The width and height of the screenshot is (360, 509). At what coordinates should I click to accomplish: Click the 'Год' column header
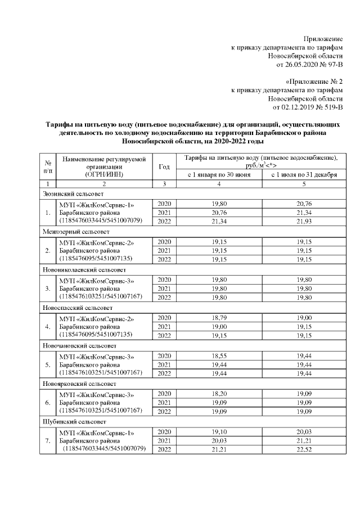[164, 166]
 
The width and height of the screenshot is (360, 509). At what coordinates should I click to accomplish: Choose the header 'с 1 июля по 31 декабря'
[304, 175]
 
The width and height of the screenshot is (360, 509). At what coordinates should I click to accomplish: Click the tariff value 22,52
[304, 449]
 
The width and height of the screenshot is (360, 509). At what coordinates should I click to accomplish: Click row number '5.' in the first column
[48, 364]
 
